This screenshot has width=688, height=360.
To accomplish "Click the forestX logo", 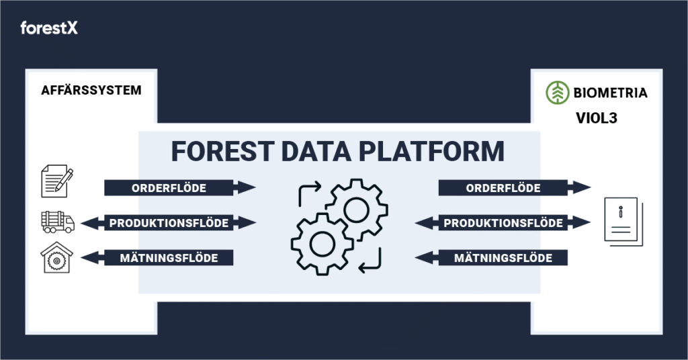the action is click(x=48, y=28).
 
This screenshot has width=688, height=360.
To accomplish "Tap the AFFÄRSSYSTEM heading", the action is click(x=91, y=90).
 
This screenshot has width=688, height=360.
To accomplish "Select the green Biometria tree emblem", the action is click(x=557, y=93).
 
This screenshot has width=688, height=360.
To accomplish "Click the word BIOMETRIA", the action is click(x=610, y=93).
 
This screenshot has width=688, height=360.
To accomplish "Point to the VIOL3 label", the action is click(x=597, y=118).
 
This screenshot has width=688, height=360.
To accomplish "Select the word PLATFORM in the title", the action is click(x=431, y=151).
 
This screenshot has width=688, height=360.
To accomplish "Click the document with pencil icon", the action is click(x=57, y=181).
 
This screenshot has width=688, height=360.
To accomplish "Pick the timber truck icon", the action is click(x=58, y=222).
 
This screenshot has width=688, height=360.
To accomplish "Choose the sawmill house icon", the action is click(x=56, y=257).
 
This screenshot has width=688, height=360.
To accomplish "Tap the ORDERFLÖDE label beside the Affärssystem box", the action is click(x=169, y=188).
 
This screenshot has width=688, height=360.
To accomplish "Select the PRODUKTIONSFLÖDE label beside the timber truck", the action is click(x=169, y=223).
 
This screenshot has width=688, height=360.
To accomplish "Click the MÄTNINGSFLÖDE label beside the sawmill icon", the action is click(x=169, y=258).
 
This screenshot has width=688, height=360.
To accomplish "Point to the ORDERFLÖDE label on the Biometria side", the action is click(x=503, y=188).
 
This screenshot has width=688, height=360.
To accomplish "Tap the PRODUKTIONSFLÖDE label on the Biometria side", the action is click(x=503, y=223).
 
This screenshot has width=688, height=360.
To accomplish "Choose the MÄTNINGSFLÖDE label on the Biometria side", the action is click(x=503, y=258).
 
